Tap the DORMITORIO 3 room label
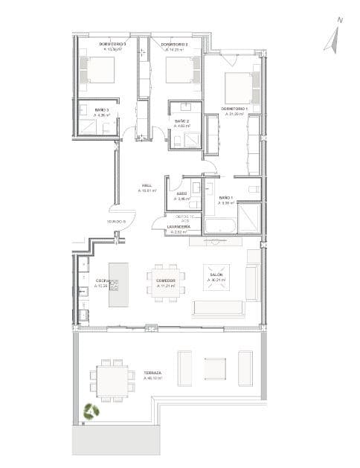[112, 45]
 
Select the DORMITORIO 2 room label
[175, 45]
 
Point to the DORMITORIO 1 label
[236, 109]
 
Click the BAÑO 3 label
[102, 110]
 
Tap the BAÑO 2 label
[182, 121]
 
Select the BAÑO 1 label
[226, 197]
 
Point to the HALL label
[147, 186]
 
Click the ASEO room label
[181, 194]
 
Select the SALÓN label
[216, 275]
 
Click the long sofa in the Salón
[218, 307]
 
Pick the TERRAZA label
[153, 373]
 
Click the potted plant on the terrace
[93, 411]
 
